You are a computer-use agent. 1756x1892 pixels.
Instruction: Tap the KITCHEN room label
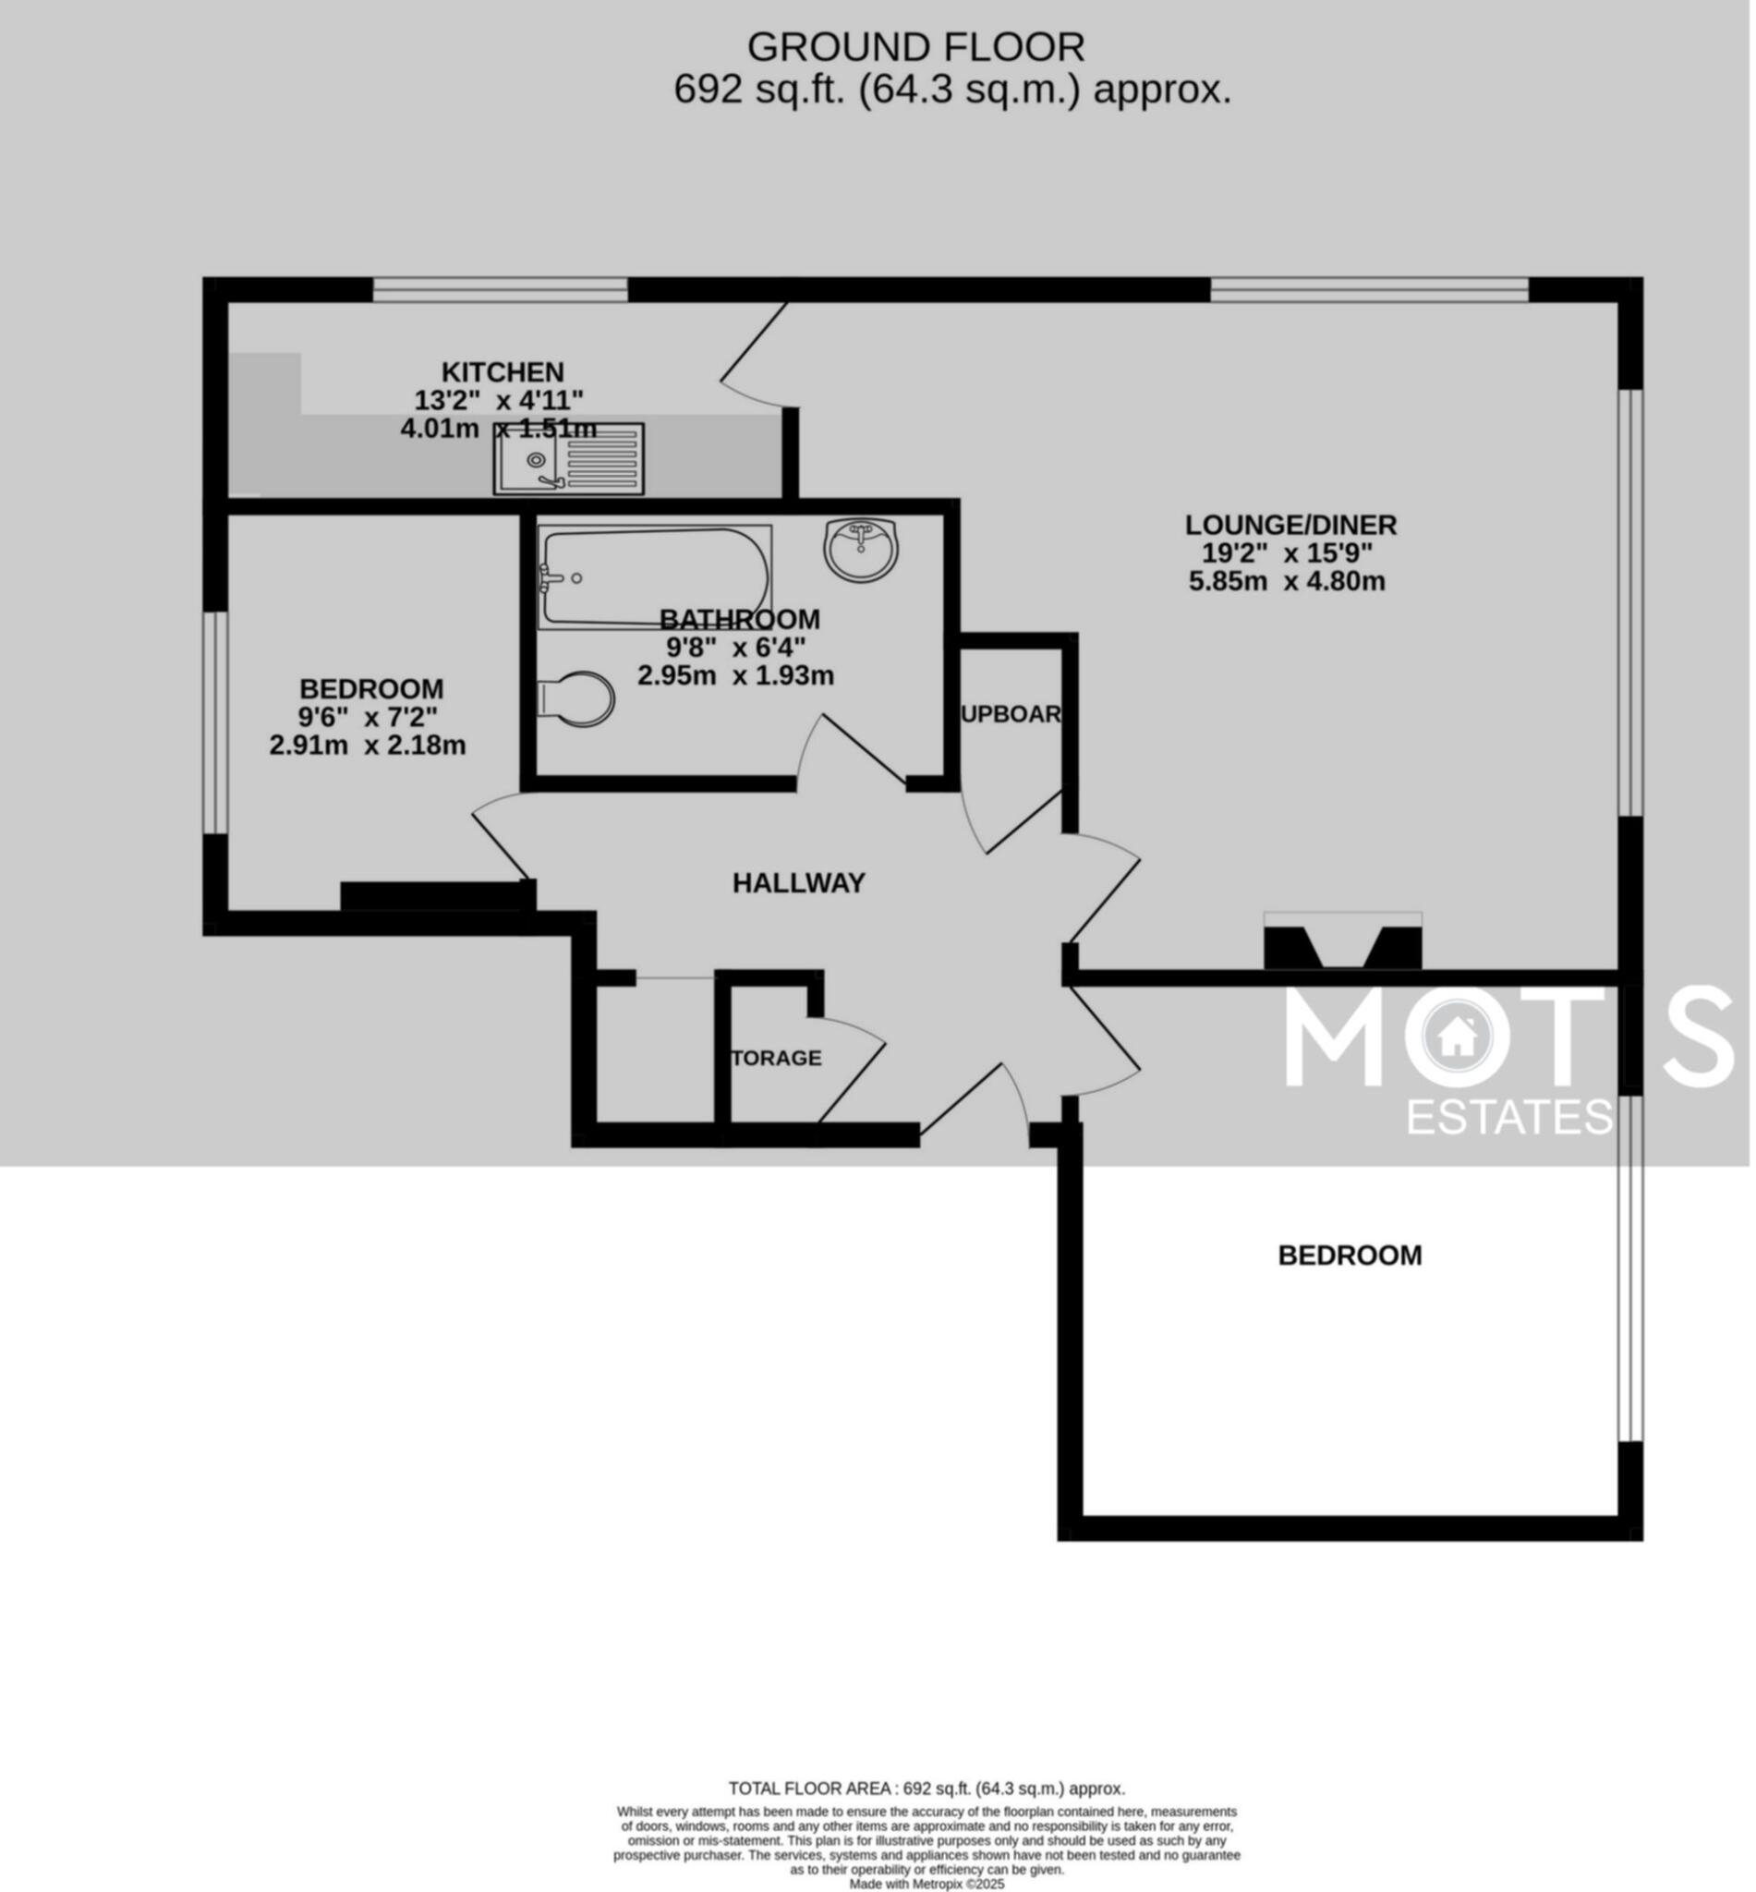(x=503, y=371)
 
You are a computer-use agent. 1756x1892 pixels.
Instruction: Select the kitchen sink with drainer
(x=568, y=459)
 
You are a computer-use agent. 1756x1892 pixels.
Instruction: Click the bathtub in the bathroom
(x=655, y=577)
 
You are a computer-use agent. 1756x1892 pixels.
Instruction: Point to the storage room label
(x=776, y=1059)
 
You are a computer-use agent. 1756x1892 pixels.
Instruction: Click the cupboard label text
(x=1011, y=715)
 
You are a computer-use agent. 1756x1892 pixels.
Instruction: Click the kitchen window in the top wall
(x=500, y=289)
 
